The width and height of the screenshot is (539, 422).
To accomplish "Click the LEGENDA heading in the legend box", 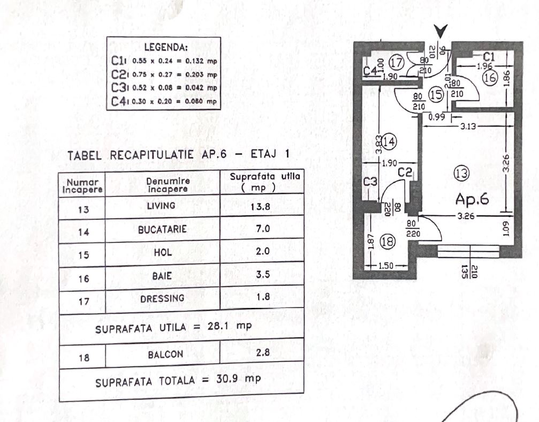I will click(165, 47).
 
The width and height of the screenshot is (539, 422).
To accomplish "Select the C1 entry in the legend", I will click(164, 61).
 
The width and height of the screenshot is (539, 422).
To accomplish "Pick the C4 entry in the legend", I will click(164, 101).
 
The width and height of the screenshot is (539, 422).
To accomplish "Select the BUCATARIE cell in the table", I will click(162, 229).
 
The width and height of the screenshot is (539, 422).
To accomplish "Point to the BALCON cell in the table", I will click(162, 354).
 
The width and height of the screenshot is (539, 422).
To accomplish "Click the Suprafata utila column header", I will click(262, 182).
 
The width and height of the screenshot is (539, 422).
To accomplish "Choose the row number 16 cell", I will click(83, 278).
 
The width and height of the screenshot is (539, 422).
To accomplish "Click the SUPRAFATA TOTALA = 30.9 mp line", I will click(178, 382).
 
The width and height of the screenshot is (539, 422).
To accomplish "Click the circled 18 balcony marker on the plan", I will click(387, 243).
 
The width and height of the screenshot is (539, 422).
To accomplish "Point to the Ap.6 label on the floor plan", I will click(473, 199).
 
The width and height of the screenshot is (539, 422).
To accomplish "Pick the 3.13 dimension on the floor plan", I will click(468, 127).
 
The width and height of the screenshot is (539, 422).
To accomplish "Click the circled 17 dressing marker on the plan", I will click(396, 62).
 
